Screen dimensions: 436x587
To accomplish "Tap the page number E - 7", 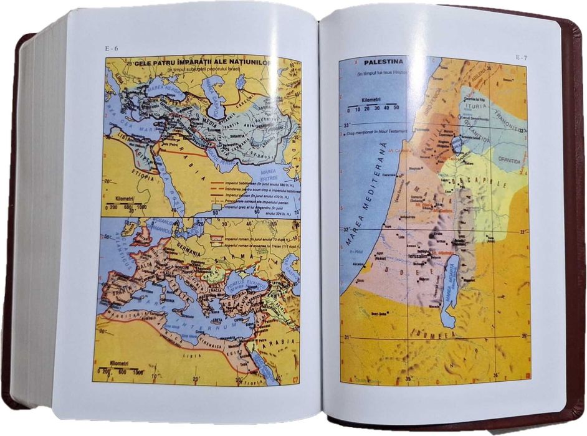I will (521, 57).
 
